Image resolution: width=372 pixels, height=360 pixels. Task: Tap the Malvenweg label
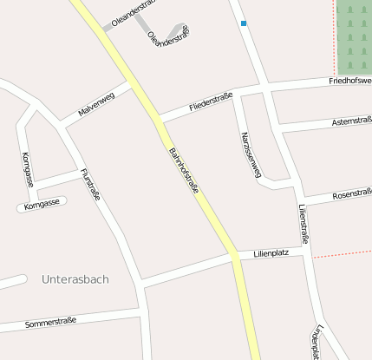click(x=96, y=104)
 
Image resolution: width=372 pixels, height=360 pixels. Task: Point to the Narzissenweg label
click(x=250, y=154)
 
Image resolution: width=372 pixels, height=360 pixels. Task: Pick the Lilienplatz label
click(x=271, y=253)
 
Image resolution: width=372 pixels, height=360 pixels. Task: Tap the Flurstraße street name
click(x=89, y=184)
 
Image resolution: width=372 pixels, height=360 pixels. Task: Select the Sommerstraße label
click(x=50, y=322)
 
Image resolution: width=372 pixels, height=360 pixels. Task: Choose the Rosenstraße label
click(x=351, y=193)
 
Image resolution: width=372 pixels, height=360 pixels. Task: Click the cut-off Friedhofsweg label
click(x=349, y=81)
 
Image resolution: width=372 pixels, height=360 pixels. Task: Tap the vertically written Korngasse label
click(x=27, y=169)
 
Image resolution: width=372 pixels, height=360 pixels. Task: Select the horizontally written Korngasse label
click(x=42, y=205)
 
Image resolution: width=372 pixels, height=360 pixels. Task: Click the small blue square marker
click(x=244, y=23)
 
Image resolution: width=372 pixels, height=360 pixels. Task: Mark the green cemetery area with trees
click(x=354, y=35)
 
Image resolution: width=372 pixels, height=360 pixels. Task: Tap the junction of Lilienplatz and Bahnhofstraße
click(x=234, y=254)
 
